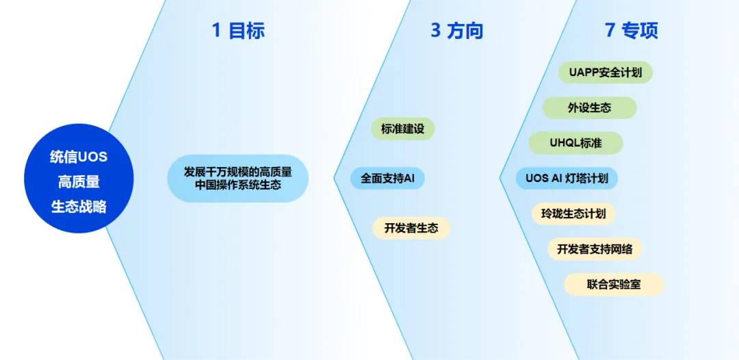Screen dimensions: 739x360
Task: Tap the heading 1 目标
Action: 238,31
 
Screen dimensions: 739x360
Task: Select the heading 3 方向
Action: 457,31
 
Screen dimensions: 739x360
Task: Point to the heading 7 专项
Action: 632,31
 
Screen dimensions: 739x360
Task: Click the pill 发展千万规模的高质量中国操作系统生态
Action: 237,179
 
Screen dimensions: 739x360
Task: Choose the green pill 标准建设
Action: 402,129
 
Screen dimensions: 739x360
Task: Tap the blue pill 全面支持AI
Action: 387,179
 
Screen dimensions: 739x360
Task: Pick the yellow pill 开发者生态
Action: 411,228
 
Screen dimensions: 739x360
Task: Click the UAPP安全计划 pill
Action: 605,73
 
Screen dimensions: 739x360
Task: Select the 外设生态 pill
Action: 589,108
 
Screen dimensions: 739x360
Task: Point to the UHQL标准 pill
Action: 575,143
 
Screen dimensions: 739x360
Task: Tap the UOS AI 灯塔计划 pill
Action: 567,179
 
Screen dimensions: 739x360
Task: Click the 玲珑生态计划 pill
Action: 573,214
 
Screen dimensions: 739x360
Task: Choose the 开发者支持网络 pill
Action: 595,249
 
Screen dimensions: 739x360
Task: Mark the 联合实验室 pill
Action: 614,284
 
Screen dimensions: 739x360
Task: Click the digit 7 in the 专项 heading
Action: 610,31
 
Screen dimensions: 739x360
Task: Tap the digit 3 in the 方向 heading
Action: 436,31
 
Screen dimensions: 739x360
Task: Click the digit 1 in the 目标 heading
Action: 216,31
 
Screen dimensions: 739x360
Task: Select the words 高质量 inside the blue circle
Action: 79,182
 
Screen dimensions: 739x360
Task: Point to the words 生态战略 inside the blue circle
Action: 79,207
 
